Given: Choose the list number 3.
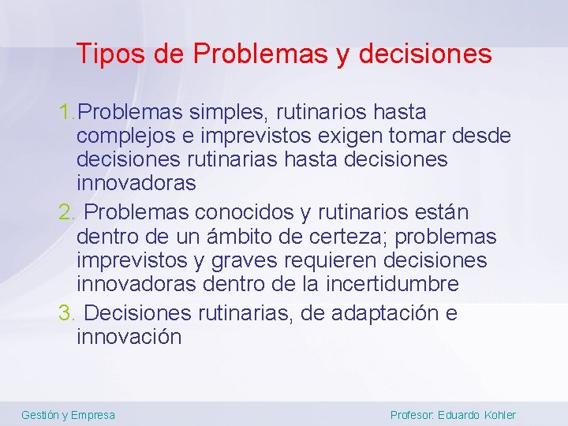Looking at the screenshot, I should tap(66, 314).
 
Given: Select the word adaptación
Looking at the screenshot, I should tap(374, 314).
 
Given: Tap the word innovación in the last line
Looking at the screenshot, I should tap(129, 338).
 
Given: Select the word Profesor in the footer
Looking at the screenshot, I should tap(410, 415).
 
